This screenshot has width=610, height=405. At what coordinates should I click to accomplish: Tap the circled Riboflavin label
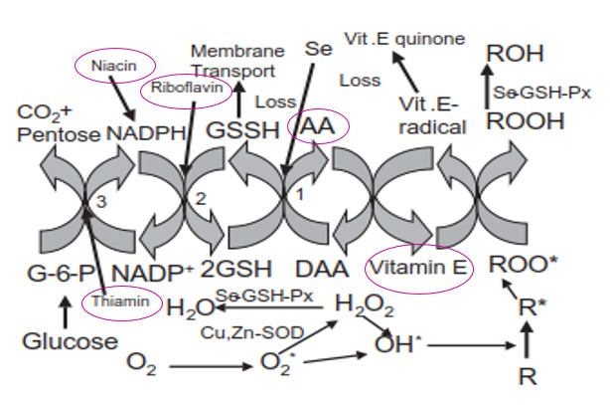click(188, 88)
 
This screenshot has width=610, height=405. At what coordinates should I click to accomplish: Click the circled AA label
click(317, 126)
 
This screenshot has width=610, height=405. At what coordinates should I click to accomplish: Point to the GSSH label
click(237, 130)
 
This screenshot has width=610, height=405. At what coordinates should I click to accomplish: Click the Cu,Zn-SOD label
click(238, 329)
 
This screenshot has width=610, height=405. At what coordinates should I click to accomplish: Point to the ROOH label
click(524, 122)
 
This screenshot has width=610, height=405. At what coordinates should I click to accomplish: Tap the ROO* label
click(525, 267)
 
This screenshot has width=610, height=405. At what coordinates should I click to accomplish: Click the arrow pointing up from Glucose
click(66, 311)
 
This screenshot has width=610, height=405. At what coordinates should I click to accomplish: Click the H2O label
click(187, 307)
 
